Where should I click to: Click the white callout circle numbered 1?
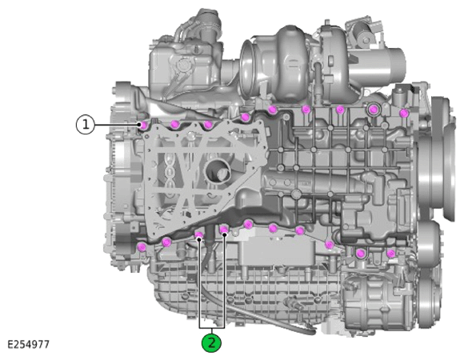(x=86, y=125)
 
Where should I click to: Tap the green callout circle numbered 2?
(x=211, y=343)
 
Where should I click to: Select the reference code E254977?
(x=29, y=345)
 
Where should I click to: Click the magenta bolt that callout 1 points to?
(x=144, y=125)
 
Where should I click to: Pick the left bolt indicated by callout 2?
(x=199, y=235)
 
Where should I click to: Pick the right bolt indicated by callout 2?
(x=224, y=229)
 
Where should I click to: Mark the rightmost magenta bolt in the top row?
(x=404, y=113)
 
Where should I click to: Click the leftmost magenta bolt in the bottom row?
(x=142, y=246)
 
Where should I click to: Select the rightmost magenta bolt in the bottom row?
(x=391, y=254)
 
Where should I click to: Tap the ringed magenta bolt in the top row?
(x=374, y=110)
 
